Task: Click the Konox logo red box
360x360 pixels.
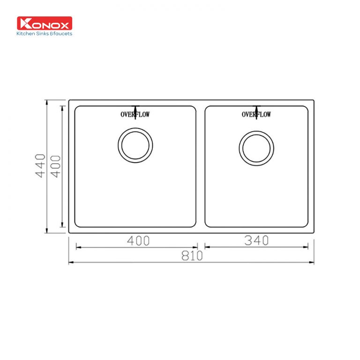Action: (45, 23)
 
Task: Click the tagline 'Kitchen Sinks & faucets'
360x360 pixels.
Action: (45, 34)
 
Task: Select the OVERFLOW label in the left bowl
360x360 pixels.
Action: (135, 114)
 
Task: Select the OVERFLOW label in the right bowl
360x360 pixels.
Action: (256, 114)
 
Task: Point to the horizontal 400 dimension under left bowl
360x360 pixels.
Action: (138, 241)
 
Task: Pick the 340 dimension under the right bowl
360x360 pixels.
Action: (256, 240)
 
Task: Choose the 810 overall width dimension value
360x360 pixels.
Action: (191, 256)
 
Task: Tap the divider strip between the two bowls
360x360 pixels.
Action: (200, 166)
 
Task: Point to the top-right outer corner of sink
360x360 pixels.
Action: (314, 100)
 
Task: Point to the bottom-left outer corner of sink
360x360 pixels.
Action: (69, 233)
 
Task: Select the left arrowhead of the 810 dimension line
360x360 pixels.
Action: (70, 262)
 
